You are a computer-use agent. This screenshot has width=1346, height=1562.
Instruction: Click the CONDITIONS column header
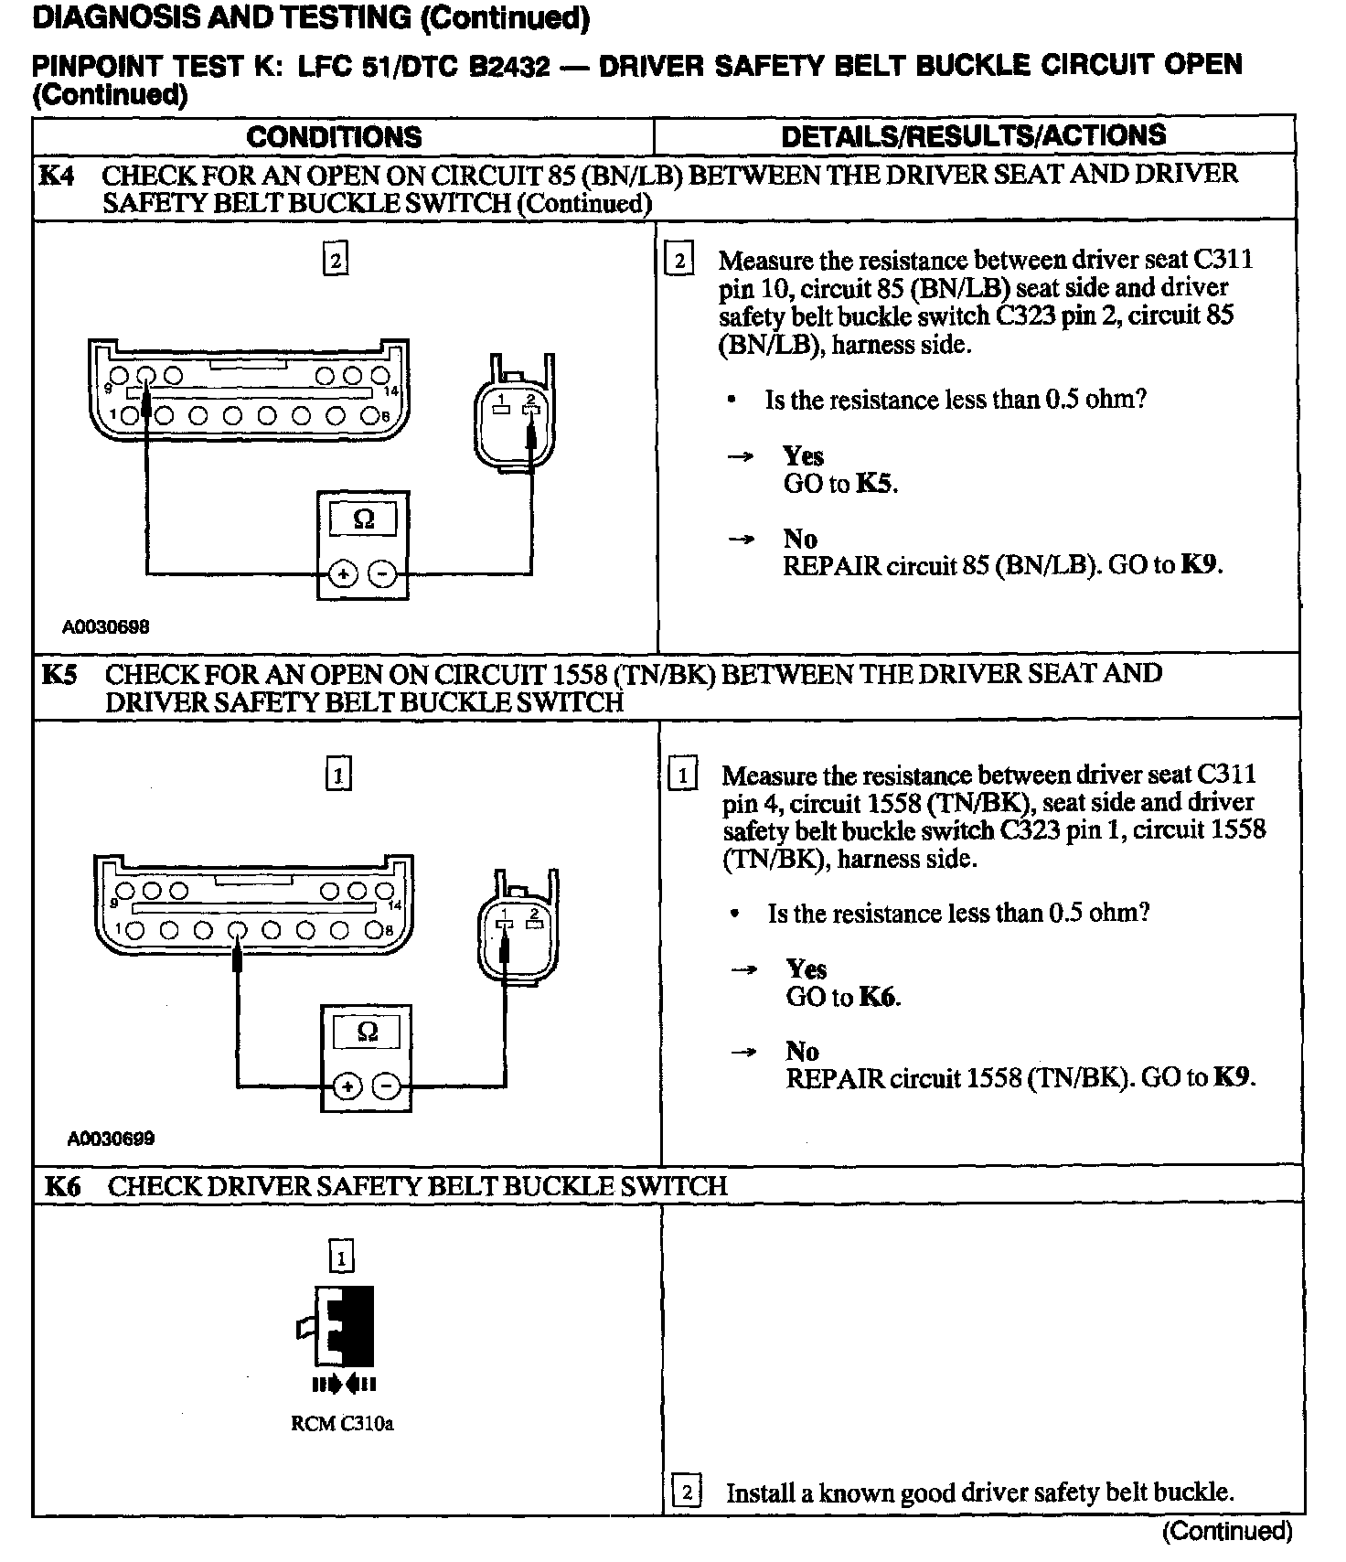335,137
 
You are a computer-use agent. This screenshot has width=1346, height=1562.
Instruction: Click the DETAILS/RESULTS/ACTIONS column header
974,135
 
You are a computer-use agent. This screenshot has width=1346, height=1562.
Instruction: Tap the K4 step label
56,175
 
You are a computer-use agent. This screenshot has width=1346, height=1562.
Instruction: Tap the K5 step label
59,675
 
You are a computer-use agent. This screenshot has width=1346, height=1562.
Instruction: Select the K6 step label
62,1187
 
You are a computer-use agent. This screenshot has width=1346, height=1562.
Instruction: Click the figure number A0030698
105,626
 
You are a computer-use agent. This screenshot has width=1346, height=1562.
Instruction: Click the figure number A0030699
110,1139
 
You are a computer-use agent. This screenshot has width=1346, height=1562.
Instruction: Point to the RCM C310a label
342,1424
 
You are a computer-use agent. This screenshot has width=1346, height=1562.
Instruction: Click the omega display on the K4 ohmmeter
363,519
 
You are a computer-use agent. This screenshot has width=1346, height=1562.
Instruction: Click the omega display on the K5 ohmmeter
367,1032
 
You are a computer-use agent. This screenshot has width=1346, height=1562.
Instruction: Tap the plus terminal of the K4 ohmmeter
343,574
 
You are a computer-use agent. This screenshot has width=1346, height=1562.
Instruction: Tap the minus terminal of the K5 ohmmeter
388,1086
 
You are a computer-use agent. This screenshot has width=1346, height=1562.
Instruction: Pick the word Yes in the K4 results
803,455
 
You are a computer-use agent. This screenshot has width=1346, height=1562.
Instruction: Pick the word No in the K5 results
802,1052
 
